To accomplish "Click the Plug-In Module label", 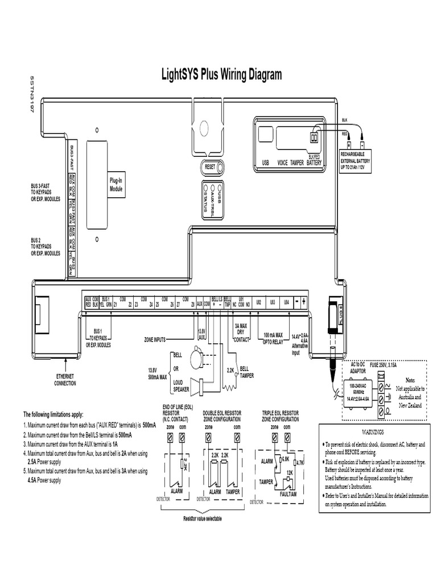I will [x=116, y=184].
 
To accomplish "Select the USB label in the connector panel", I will [x=265, y=162].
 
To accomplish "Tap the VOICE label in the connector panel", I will [x=282, y=162].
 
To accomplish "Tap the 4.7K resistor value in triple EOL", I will [x=301, y=447].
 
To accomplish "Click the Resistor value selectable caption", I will [x=203, y=519].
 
